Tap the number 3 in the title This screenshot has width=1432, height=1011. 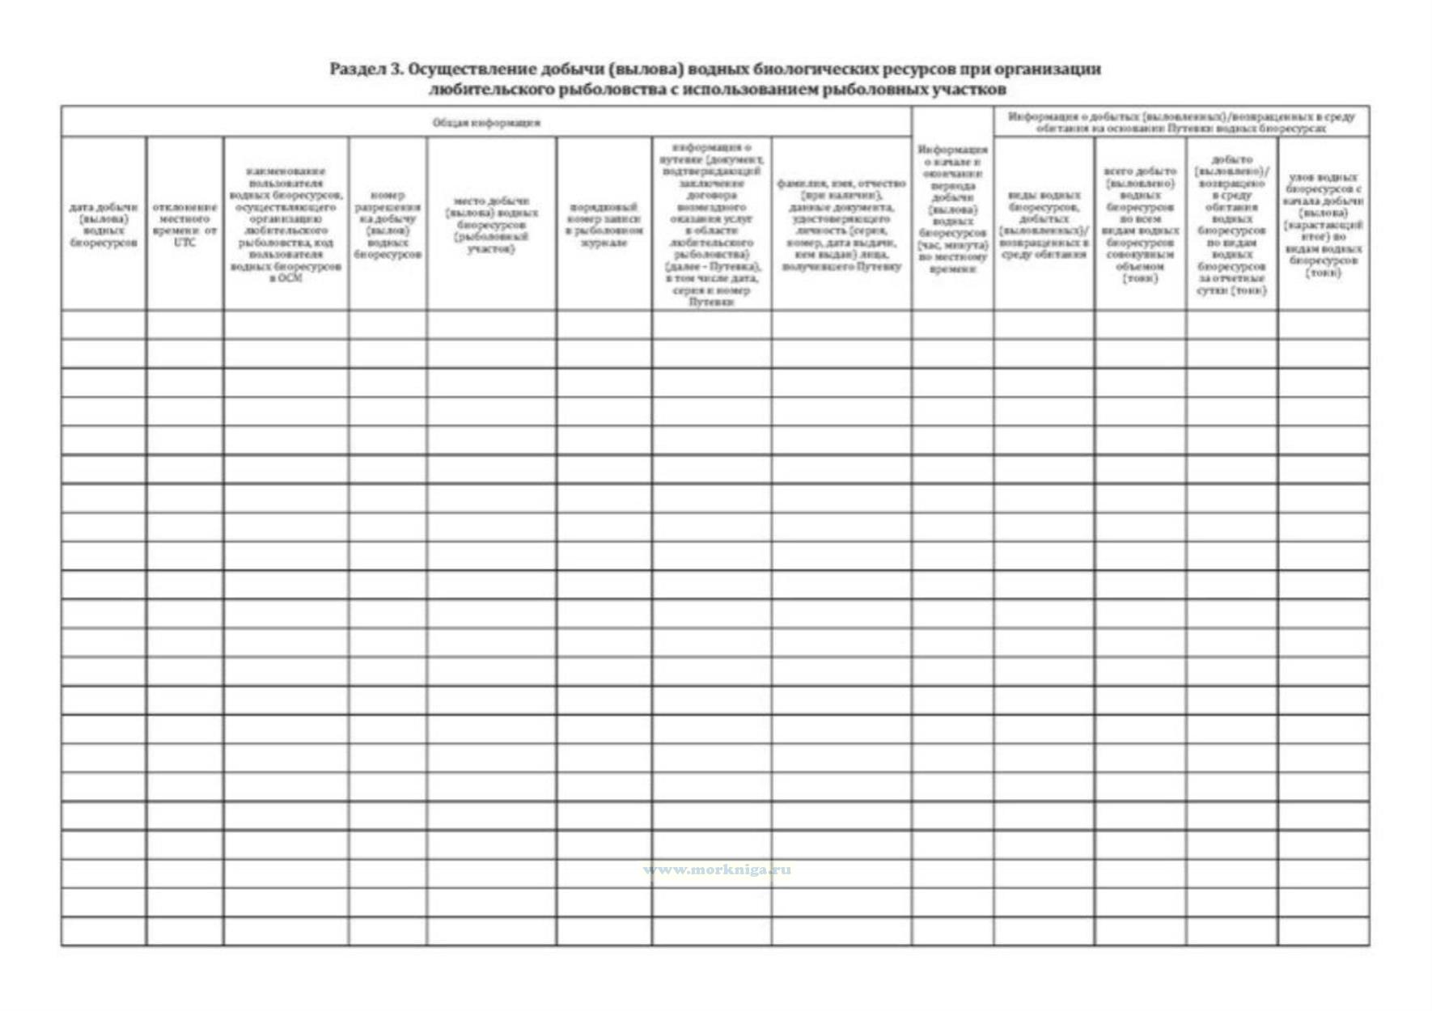click(x=396, y=70)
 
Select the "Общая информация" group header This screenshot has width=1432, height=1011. click(x=486, y=123)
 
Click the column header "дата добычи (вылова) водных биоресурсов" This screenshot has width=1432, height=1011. click(x=104, y=224)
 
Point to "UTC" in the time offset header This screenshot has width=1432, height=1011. click(x=184, y=243)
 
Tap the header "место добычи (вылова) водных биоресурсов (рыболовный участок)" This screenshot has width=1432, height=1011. click(x=491, y=224)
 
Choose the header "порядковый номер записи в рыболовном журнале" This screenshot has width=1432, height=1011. click(x=604, y=224)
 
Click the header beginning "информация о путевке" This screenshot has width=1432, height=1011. click(x=711, y=224)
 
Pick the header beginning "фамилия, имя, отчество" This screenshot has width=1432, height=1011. click(x=841, y=224)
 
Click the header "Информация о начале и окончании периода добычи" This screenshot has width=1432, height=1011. click(x=952, y=209)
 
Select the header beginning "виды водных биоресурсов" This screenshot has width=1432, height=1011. click(x=1044, y=224)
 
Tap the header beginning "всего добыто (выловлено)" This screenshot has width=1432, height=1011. click(x=1139, y=224)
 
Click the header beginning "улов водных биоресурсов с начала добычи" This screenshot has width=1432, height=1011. click(x=1323, y=224)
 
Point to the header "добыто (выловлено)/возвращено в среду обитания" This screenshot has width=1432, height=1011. click(x=1231, y=224)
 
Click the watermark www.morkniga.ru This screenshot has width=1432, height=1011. click(x=718, y=870)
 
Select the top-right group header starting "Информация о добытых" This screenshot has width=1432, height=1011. click(x=1180, y=122)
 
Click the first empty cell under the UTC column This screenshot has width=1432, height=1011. click(x=184, y=325)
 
